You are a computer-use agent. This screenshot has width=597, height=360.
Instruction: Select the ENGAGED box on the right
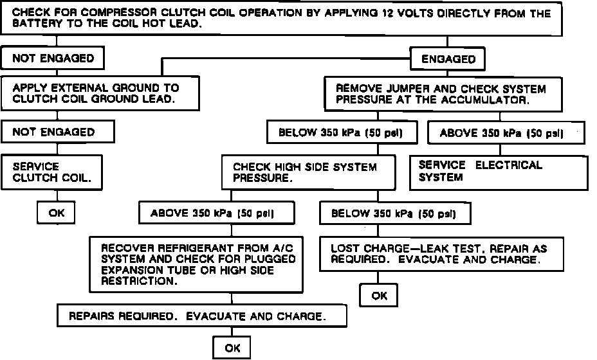click(x=448, y=59)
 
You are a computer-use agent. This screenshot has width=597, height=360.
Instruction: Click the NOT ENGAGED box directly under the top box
click(x=53, y=59)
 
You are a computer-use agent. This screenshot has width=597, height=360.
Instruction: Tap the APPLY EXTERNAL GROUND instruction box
click(x=96, y=93)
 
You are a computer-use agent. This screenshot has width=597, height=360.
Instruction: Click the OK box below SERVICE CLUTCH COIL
click(x=57, y=213)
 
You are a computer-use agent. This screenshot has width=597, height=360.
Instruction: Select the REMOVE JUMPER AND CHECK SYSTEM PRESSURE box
click(x=441, y=94)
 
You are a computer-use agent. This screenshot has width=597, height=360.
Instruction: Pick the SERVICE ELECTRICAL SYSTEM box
click(x=499, y=171)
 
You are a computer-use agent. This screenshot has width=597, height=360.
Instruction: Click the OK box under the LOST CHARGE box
click(x=379, y=296)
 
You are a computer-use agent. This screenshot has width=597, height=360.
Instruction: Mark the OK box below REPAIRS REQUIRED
click(x=232, y=348)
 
